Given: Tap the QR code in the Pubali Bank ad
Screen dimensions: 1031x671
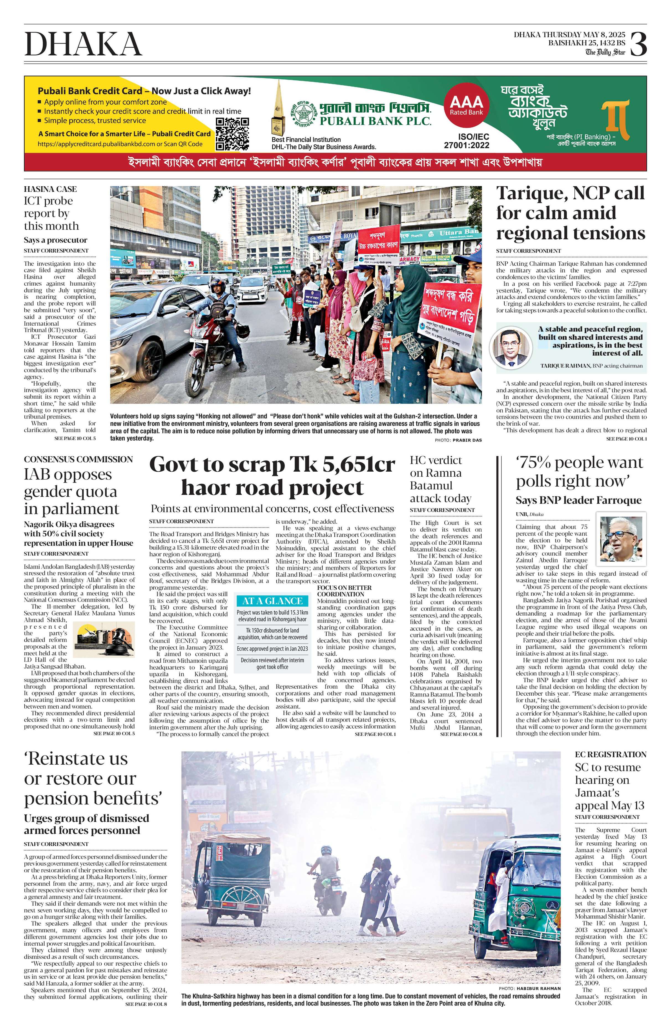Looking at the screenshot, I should point(232,133).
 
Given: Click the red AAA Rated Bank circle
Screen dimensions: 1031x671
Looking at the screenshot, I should point(466,104).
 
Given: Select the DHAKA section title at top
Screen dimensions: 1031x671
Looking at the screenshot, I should point(83,44).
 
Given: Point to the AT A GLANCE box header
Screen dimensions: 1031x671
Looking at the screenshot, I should point(272,601).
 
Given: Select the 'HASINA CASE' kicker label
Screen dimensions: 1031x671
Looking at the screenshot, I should point(50,189).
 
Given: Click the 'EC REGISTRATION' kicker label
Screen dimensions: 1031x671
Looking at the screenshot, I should point(610,754).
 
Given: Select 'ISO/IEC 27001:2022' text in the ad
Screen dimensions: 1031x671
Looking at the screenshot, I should point(466,140).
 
